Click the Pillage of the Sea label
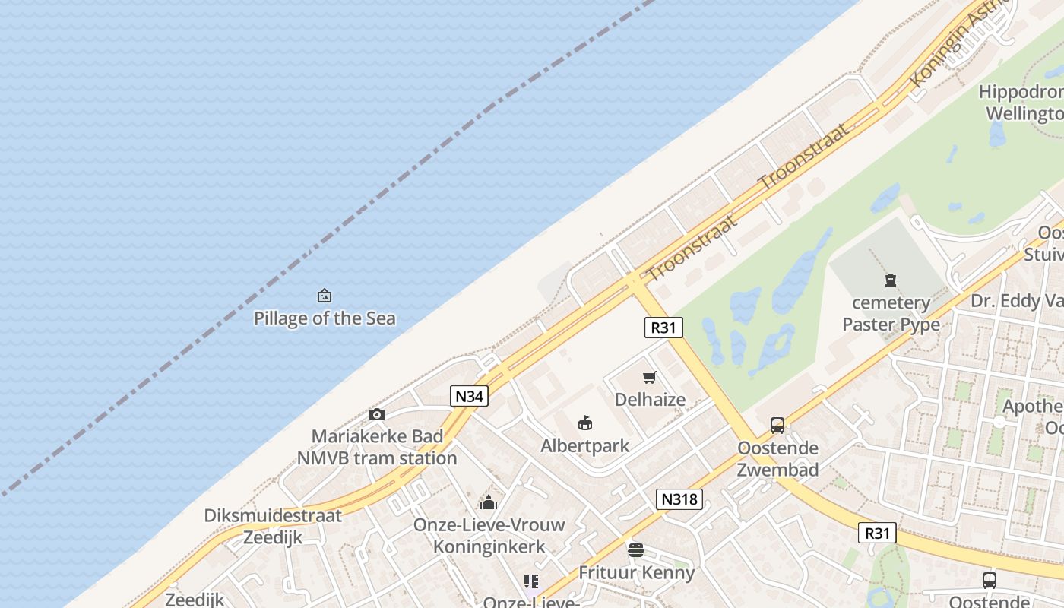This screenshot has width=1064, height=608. tap(325, 318)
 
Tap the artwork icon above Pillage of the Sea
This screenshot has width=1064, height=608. tap(325, 296)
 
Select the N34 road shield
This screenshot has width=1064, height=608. tap(468, 396)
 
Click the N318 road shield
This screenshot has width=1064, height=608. tap(679, 499)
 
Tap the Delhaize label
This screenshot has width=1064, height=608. tap(650, 400)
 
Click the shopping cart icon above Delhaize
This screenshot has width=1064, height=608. tap(650, 378)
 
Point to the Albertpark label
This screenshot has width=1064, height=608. tap(584, 446)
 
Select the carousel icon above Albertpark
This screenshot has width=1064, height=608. tap(585, 423)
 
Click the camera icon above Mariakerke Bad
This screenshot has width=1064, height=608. tap(377, 414)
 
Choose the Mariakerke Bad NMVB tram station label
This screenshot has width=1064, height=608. tap(377, 448)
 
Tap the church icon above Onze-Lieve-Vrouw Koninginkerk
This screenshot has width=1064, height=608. tap(489, 502)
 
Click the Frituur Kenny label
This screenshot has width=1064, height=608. tap(637, 573)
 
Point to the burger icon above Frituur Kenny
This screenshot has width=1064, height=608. tap(636, 550)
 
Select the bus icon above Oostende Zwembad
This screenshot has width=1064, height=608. tap(777, 426)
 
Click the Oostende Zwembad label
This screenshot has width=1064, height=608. tap(778, 459)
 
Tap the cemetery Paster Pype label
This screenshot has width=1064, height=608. tap(891, 314)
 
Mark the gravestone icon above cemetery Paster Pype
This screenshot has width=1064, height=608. tap(891, 280)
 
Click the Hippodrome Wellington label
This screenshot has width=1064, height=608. tap(1023, 103)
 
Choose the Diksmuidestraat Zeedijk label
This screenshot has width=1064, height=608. tap(273, 526)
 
